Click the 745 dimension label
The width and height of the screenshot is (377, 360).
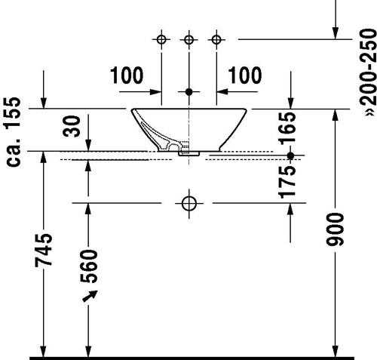coord(44,250)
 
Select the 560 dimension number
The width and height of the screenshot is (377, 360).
coord(88,266)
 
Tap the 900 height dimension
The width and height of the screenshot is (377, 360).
coord(335,229)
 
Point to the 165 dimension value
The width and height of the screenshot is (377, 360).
coord(287,128)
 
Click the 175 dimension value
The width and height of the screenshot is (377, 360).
coord(287,182)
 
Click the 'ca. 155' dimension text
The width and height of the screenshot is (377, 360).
coord(14,132)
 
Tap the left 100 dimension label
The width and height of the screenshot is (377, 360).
coord(127,75)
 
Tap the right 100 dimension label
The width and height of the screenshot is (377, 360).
coord(245,75)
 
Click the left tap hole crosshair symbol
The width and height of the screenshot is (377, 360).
coord(161,39)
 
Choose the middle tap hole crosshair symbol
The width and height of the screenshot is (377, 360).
coord(188,39)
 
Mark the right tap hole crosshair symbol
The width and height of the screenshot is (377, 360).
coord(216,39)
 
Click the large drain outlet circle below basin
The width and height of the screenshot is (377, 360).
coord(189,203)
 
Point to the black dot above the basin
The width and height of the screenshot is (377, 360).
coord(189,92)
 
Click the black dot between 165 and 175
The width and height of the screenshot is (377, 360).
coord(290,155)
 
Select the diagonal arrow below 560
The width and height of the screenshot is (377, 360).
coord(90,296)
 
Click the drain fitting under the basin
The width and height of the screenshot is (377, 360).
coord(188,153)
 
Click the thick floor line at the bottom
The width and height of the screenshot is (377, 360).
coord(192,358)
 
